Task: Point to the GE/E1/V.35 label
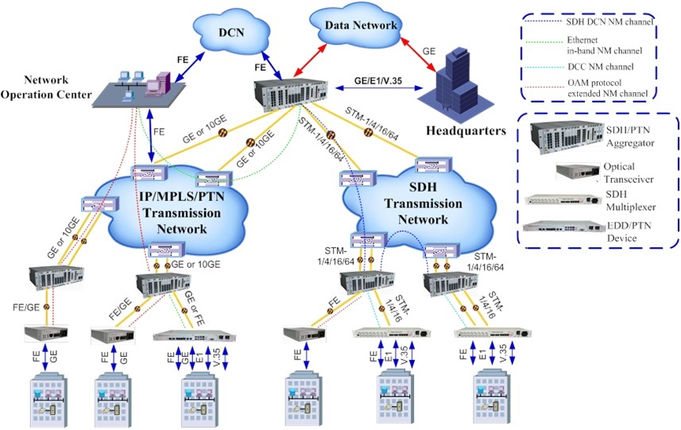pyautogui.click(x=378, y=80)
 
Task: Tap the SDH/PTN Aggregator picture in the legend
pyautogui.click(x=555, y=137)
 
